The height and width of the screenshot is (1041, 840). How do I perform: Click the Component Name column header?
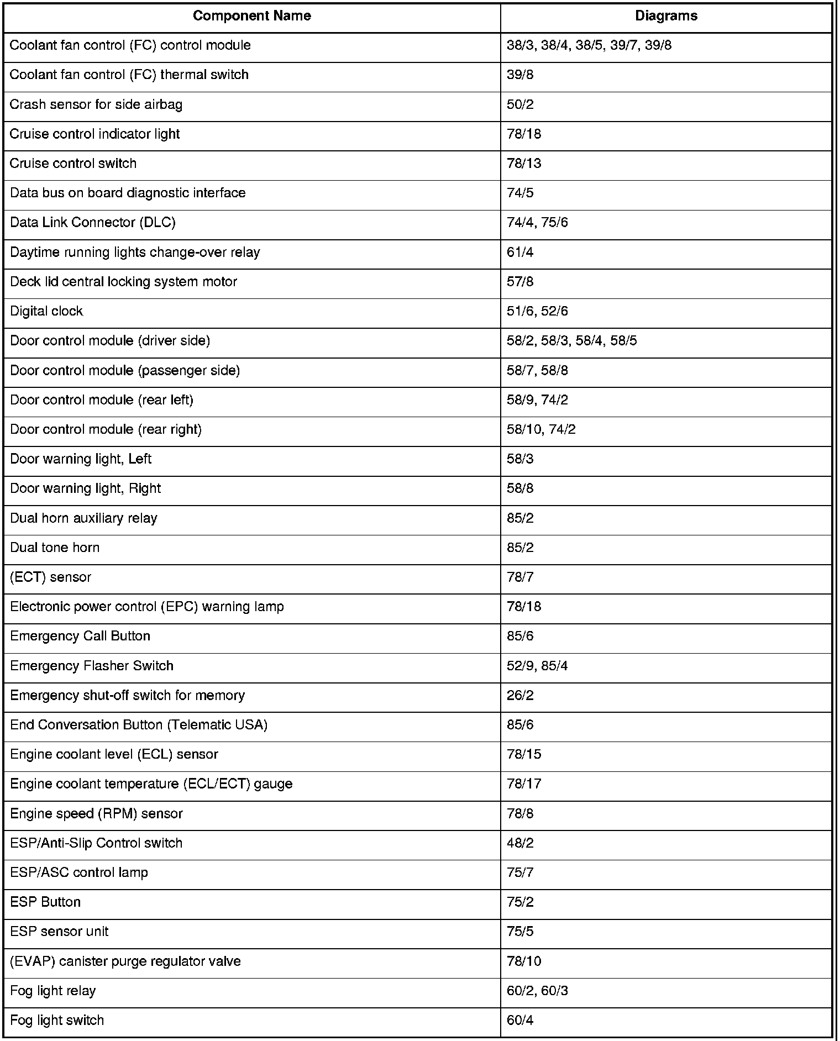pos(251,16)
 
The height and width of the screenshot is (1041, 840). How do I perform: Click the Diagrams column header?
pos(666,16)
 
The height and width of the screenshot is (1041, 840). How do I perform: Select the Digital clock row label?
pos(46,311)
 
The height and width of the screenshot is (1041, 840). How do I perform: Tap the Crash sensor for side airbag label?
pos(96,104)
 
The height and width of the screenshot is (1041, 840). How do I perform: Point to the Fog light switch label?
pos(57,1020)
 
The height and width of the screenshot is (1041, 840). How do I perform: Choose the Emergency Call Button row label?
pos(80,636)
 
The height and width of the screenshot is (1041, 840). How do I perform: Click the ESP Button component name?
pos(45,902)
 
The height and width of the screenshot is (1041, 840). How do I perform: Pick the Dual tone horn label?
pos(55,548)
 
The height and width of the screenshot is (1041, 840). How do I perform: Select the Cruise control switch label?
pos(73,164)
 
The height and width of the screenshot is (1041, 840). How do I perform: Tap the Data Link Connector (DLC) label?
pos(93,222)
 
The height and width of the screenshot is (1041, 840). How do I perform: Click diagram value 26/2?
pos(520,695)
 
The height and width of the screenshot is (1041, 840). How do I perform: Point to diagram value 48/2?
pos(520,843)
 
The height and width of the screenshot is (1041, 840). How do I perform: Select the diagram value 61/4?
pos(520,252)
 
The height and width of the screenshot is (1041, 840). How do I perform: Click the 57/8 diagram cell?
pos(520,282)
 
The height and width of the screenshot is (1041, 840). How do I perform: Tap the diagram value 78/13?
pos(524,164)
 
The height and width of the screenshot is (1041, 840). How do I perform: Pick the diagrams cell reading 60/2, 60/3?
pos(537,991)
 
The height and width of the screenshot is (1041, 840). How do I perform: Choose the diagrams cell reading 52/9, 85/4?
pos(537,666)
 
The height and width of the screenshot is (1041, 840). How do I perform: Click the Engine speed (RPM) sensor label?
pos(96,813)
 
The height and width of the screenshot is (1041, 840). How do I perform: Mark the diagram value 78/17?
pos(524,784)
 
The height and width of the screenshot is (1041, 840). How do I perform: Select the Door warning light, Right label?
pos(86,488)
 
